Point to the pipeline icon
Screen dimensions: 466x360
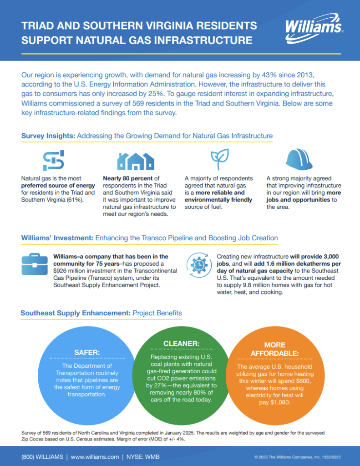coord(54,160)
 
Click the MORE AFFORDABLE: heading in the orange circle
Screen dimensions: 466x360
coord(274,349)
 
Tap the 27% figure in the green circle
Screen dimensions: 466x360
coord(162,385)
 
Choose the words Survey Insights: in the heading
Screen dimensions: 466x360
coord(48,136)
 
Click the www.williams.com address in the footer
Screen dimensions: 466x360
coord(95,456)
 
